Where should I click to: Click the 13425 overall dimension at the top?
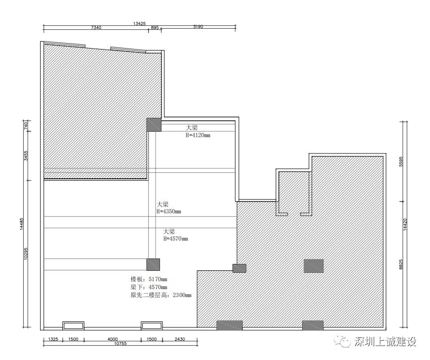click(139, 24)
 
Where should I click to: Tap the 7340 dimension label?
click(96, 27)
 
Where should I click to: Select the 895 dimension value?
click(155, 27)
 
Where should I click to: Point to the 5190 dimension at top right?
click(198, 27)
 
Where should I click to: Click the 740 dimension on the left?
click(26, 126)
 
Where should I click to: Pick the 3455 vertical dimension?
click(26, 155)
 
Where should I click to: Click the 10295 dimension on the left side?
click(26, 254)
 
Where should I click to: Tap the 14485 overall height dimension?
click(22, 224)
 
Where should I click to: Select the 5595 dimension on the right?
click(401, 161)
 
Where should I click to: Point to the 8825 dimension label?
click(401, 264)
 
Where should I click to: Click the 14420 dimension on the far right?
click(406, 224)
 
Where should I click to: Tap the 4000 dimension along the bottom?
click(112, 339)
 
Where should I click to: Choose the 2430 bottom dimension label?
click(180, 339)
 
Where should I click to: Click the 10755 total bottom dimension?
click(120, 343)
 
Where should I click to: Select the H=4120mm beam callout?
click(198, 135)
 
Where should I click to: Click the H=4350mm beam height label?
click(168, 211)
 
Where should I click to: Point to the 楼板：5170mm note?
click(149, 279)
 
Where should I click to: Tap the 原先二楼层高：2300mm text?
click(161, 295)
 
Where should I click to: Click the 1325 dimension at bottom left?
click(53, 339)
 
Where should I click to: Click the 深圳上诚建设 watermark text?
click(385, 342)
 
